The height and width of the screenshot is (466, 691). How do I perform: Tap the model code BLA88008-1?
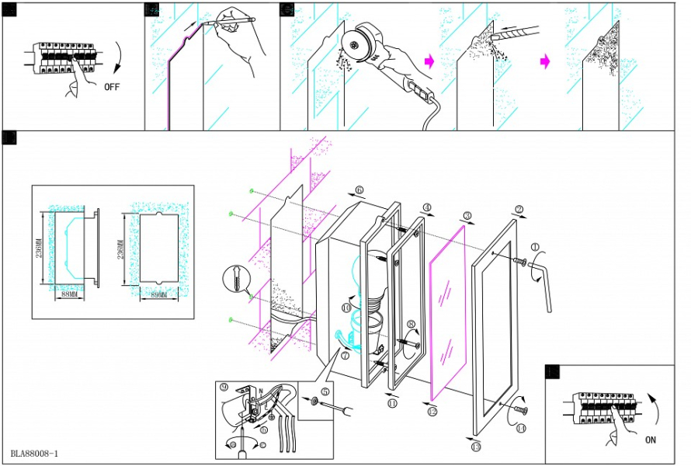[35, 453]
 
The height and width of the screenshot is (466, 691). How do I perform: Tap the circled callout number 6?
[359, 190]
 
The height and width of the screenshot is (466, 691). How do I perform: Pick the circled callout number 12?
[432, 412]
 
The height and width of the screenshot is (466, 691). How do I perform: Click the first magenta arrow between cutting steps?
[428, 59]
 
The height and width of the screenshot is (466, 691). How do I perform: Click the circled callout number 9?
[224, 386]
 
